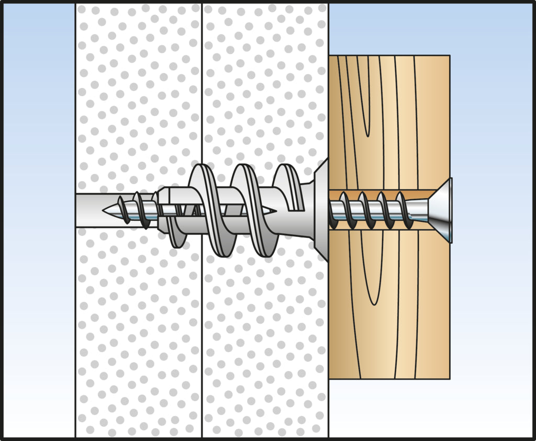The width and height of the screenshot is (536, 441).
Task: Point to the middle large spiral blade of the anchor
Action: (251, 209)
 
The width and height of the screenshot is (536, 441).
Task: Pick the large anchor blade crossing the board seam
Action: (207, 209)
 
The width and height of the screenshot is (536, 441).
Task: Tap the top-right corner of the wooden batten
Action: (449, 56)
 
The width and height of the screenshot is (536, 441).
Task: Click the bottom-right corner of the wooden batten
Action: (449, 378)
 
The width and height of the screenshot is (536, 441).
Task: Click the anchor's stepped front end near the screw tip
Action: (162, 209)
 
